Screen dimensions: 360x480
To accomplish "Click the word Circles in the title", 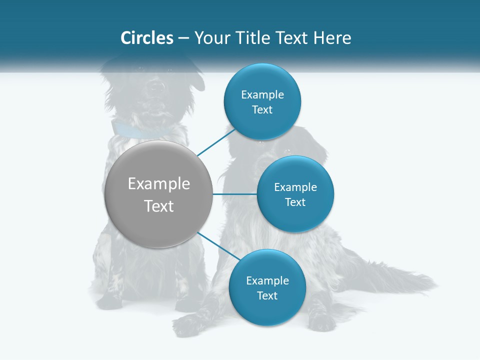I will click(146, 38).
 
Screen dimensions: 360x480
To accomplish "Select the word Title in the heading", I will click(259, 38).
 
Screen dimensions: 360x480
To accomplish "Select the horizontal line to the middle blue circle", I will click(234, 194).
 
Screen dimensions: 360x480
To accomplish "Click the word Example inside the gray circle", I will click(159, 184).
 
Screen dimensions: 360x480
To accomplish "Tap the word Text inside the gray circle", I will click(159, 206).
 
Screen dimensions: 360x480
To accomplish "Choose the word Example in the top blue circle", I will click(262, 95).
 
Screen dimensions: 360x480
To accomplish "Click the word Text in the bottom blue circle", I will click(267, 295).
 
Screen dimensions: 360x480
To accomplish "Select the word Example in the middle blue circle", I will click(295, 187).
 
